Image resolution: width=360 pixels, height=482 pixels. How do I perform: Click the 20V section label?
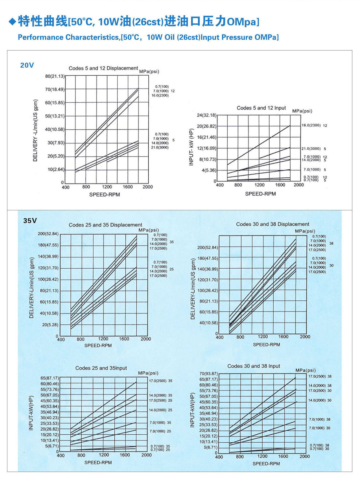[27, 65]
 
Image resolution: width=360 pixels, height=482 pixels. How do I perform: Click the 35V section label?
[30, 221]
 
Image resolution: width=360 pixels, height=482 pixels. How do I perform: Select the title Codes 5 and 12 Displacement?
[103, 68]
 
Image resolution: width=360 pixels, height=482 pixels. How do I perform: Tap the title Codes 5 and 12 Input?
[261, 108]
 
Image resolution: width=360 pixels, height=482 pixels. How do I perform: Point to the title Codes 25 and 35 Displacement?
[105, 225]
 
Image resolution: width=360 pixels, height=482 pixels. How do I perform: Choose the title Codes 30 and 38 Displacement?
[273, 224]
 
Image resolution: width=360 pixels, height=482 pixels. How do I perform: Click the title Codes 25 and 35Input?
[101, 368]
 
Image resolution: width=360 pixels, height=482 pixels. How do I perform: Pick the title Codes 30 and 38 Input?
[254, 366]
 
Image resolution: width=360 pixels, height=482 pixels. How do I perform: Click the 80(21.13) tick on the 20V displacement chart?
[55, 76]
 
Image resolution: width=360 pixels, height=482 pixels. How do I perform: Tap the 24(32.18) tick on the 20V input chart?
[207, 115]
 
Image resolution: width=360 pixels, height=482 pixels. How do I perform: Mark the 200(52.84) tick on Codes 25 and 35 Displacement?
[48, 234]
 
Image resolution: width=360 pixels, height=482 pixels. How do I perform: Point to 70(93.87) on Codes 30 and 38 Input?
[208, 374]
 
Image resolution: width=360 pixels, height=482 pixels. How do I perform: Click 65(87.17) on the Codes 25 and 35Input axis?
[50, 378]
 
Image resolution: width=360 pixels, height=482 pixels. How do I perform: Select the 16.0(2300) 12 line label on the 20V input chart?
[314, 126]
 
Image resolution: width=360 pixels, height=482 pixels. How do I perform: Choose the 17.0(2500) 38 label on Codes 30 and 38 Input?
[320, 376]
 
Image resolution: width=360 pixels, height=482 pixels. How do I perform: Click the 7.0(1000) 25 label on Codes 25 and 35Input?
[160, 431]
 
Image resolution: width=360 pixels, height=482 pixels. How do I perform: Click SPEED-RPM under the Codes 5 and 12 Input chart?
[260, 194]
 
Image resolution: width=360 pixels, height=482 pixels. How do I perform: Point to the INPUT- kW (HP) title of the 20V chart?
[191, 147]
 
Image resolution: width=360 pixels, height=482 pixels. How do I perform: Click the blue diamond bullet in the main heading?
[12, 21]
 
